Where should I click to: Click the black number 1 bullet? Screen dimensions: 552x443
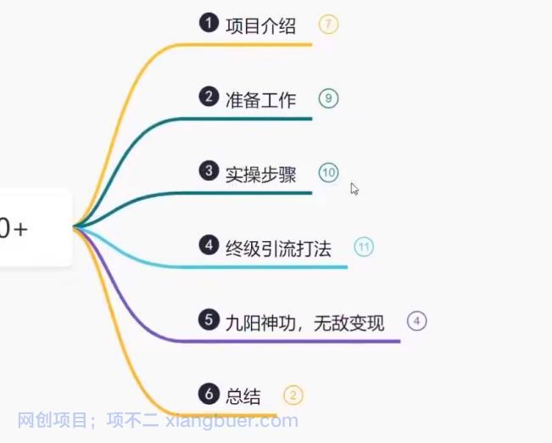(209, 23)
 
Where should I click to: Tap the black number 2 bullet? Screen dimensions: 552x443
(209, 97)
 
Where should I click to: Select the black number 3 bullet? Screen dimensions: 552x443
(209, 171)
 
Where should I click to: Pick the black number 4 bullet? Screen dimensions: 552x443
(209, 245)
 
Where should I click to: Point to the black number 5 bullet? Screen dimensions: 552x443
(209, 320)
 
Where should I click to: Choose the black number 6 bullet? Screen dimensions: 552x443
(209, 394)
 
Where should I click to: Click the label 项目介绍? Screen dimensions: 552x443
(260, 26)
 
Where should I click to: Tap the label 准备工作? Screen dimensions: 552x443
(260, 100)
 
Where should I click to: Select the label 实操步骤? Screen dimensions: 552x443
(260, 175)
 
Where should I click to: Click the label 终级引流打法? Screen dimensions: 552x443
(278, 249)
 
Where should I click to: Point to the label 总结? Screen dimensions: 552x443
(243, 397)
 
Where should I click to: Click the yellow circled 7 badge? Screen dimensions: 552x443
(328, 25)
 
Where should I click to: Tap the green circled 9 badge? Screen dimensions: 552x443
(328, 98)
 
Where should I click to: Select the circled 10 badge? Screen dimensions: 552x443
(328, 172)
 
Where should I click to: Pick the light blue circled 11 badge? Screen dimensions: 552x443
(364, 247)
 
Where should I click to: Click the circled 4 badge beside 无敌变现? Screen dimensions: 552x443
(417, 321)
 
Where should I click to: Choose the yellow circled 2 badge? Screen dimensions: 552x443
(293, 395)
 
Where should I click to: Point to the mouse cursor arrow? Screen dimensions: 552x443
(354, 189)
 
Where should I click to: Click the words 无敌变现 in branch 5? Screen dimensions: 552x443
(348, 323)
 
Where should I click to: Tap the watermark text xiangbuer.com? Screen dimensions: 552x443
(231, 420)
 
